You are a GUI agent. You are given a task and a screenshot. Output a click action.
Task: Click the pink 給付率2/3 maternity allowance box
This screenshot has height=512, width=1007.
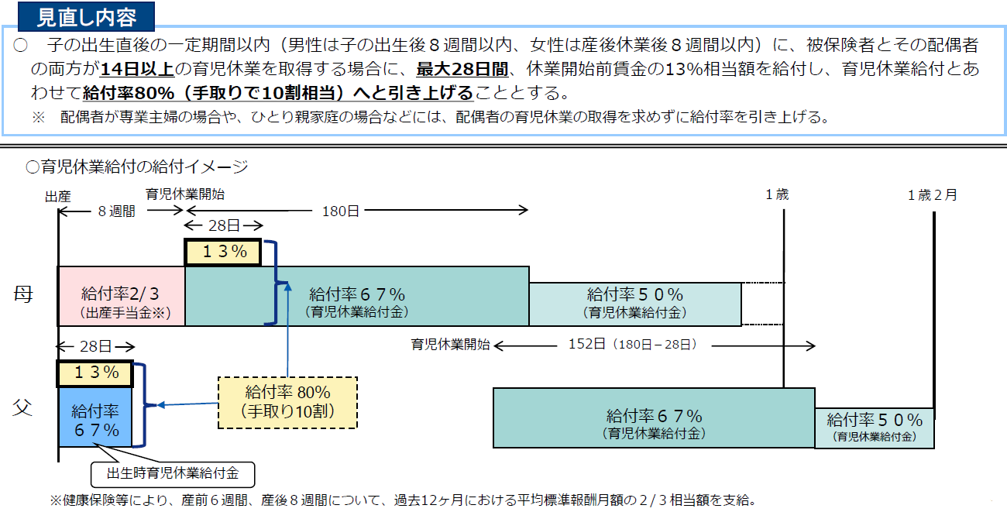coord(121,297)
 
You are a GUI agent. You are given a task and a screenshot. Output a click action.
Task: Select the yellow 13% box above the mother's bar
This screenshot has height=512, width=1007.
coord(224,252)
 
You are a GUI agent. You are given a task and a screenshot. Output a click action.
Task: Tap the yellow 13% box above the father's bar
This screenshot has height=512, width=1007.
coord(95,373)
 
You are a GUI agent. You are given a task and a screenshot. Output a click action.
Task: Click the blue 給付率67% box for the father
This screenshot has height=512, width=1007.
coord(95,418)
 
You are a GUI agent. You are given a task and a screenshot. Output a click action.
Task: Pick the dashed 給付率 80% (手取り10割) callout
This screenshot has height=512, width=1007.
coord(287,402)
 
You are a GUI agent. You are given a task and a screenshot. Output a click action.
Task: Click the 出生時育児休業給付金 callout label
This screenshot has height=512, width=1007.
coord(172,473)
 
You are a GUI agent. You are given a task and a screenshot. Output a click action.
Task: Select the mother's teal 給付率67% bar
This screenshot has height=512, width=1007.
coord(357,297)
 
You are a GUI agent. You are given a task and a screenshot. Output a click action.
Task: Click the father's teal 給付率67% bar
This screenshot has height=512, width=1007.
coord(654,418)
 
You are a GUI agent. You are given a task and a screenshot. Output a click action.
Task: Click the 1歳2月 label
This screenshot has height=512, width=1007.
coord(932,195)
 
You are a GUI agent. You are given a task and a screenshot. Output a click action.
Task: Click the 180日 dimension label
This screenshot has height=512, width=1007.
coord(341,210)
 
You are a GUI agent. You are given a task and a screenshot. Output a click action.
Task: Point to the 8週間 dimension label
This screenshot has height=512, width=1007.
coord(116,211)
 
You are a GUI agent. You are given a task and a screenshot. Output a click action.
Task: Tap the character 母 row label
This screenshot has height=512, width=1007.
coord(23,295)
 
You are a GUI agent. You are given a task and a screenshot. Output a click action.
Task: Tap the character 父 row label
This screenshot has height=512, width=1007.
coord(23,407)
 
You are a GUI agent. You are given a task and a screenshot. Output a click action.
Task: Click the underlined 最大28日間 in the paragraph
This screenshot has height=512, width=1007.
coord(462,70)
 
